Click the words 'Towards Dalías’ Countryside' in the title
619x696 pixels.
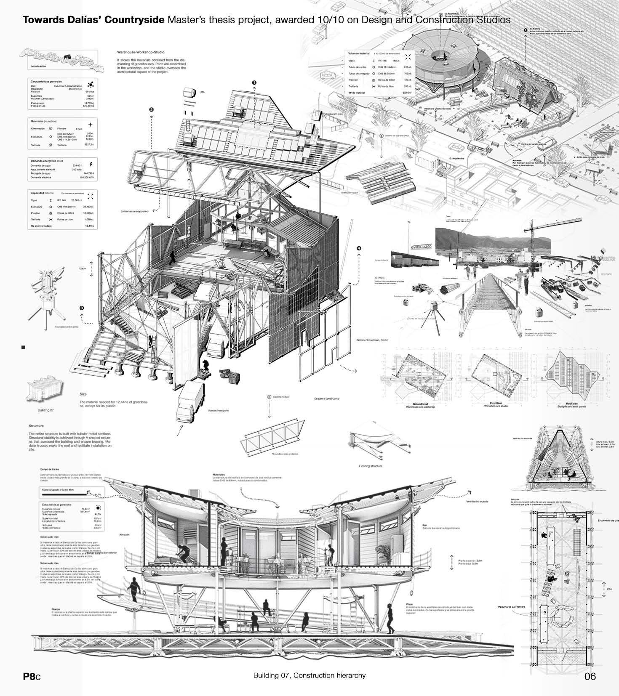tap(93, 20)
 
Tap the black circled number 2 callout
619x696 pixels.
tap(151, 110)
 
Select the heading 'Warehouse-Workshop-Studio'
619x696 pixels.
tap(138, 53)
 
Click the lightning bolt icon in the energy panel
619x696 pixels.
tap(91, 164)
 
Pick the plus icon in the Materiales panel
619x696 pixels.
tap(90, 125)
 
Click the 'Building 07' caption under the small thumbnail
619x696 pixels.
tap(46, 409)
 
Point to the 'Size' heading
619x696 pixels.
tap(83, 394)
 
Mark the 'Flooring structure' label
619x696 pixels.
tap(371, 466)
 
